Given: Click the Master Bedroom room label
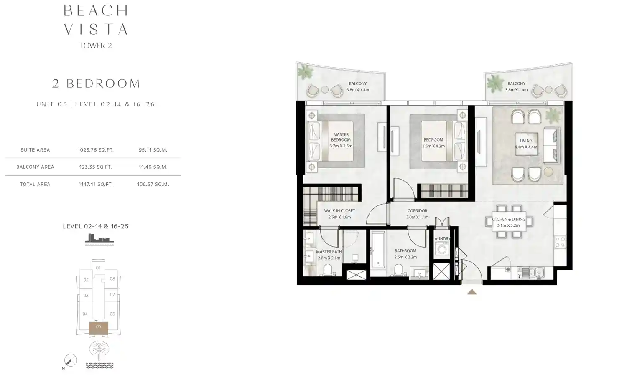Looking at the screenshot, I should [341, 137].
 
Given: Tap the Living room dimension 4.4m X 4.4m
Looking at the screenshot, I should [526, 147].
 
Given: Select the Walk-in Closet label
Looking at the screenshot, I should [339, 211].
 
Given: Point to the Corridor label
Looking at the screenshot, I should [417, 211].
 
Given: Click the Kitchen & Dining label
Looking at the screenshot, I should [508, 219].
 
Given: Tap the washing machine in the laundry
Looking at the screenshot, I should [441, 250].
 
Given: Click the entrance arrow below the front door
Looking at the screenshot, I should [472, 292].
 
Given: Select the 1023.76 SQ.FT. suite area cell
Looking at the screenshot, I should [95, 150].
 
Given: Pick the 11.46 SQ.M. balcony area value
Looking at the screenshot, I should [153, 167].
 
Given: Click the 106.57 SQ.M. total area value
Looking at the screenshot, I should [153, 184].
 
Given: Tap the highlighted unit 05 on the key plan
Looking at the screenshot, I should [98, 328].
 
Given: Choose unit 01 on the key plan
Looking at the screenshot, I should [98, 268].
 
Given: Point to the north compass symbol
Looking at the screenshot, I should [70, 360].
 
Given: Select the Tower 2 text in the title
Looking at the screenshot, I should [96, 46].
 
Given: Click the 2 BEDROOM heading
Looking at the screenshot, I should [96, 83].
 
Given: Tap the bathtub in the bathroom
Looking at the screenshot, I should [378, 249].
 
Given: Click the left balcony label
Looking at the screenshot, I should [358, 83].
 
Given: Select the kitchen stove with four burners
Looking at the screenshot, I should [560, 242].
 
